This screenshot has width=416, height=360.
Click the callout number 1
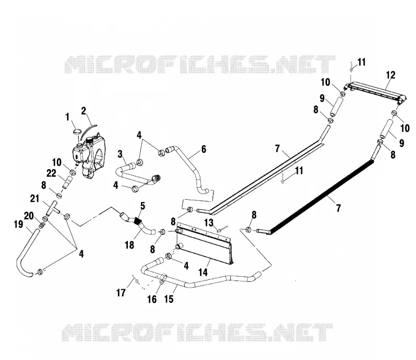pyautogui.click(x=67, y=117)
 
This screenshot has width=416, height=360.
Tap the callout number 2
pyautogui.click(x=84, y=111)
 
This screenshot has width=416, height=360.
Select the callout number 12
pyautogui.click(x=391, y=75)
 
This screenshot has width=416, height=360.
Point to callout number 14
pyautogui.click(x=203, y=272)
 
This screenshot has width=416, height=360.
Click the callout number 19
pyautogui.click(x=19, y=224)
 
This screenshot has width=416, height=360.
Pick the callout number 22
pyautogui.click(x=51, y=173)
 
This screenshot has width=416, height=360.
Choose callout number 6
pyautogui.click(x=203, y=149)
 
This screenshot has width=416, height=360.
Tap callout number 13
pyautogui.click(x=209, y=223)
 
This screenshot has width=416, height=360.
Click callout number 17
pyautogui.click(x=121, y=293)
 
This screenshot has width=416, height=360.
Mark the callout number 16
pyautogui.click(x=152, y=300)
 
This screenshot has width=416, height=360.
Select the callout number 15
pyautogui.click(x=168, y=299)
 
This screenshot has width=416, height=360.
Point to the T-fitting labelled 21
pyautogui.click(x=53, y=208)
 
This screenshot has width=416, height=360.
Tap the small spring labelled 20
pyautogui.click(x=42, y=225)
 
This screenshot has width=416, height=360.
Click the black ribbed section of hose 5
pyautogui.click(x=137, y=221)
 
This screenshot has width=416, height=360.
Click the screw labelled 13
pyautogui.click(x=222, y=229)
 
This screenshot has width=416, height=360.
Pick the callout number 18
pyautogui.click(x=129, y=245)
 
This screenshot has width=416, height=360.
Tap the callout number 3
pyautogui.click(x=120, y=154)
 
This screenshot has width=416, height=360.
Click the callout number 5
pyautogui.click(x=142, y=206)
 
